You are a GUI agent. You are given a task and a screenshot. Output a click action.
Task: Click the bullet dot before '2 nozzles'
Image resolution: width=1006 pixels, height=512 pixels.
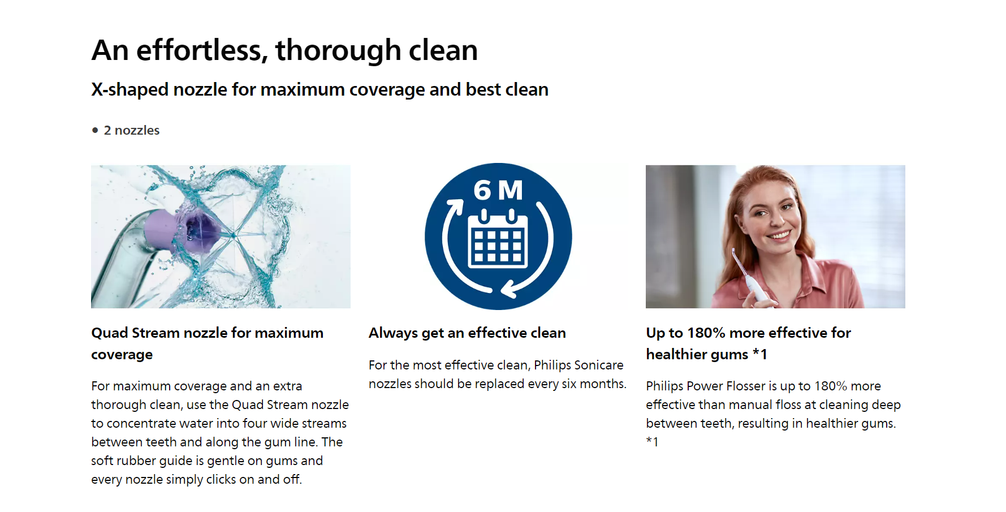click(95, 130)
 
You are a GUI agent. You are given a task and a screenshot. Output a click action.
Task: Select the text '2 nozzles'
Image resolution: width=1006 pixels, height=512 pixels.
click(132, 130)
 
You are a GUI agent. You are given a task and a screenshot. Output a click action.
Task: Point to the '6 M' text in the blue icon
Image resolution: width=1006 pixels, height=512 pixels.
click(498, 190)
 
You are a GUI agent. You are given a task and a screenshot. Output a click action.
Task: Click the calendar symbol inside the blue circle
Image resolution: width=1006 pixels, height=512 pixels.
click(498, 239)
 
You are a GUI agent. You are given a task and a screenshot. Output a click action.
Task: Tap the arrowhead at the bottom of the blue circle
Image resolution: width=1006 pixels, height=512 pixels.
click(508, 289)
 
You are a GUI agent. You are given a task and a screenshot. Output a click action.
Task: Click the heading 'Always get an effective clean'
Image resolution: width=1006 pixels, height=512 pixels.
click(467, 333)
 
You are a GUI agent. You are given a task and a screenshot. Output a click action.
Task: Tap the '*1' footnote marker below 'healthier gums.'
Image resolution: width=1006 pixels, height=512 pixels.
click(653, 442)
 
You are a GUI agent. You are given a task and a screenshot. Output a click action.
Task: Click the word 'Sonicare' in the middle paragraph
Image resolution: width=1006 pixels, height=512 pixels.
click(578, 365)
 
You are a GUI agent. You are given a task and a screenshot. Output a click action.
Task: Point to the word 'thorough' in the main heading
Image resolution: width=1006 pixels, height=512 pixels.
click(338, 51)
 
